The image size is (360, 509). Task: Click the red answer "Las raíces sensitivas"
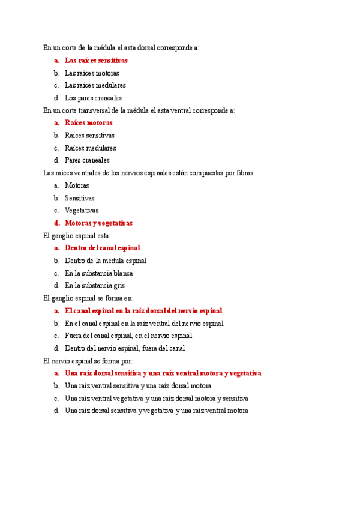point(96,61)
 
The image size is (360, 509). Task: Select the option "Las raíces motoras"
point(92,73)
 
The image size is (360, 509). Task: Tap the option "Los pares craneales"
point(93,98)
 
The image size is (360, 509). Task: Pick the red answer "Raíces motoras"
point(88,123)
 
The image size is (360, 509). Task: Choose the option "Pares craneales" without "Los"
point(87,160)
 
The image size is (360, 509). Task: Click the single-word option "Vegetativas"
point(82,211)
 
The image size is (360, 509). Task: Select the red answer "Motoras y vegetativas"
point(98,223)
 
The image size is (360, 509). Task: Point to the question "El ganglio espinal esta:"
point(77,236)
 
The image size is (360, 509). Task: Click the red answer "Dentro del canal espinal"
point(102,248)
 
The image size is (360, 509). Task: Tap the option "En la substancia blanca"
point(99,273)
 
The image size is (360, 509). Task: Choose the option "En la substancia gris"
point(95,286)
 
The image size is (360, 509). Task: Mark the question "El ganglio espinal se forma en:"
point(88,298)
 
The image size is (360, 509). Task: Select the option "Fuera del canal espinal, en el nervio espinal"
point(128,336)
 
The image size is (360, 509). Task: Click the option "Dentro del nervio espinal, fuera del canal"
point(125,348)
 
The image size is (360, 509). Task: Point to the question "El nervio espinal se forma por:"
point(88,360)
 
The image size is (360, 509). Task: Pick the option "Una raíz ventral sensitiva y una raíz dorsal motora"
point(138,386)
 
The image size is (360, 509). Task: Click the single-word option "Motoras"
point(77,185)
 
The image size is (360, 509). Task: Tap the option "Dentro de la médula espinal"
point(106,261)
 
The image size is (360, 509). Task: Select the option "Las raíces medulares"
point(95,85)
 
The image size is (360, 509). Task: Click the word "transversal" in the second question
point(100,110)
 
